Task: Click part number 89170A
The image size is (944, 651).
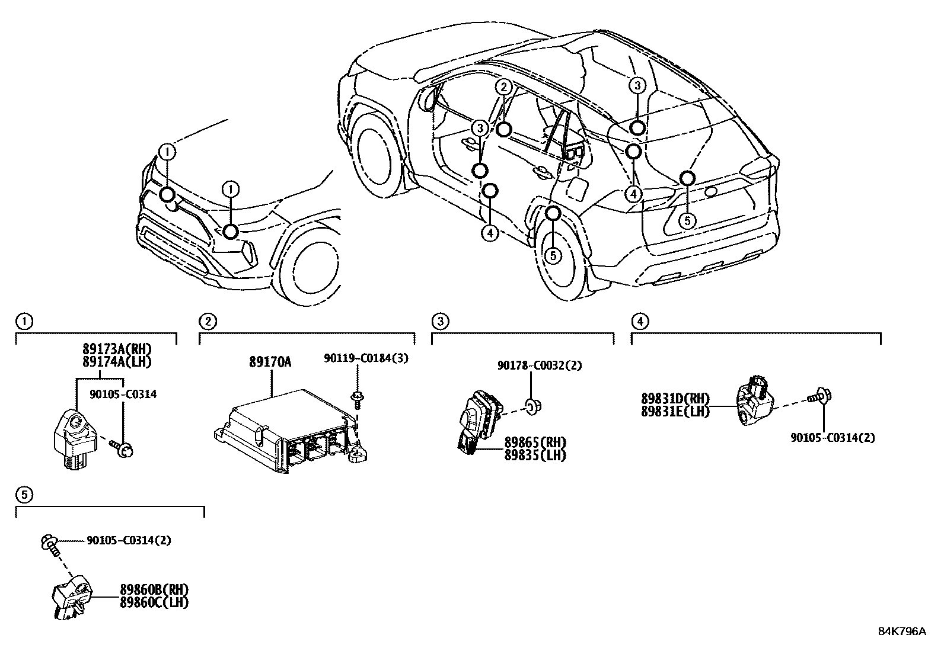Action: (x=270, y=361)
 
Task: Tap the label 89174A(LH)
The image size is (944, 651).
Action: (x=117, y=362)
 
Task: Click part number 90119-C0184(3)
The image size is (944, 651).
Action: (x=366, y=358)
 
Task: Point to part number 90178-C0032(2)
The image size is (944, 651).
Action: (x=539, y=365)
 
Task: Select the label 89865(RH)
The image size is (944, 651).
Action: (x=535, y=442)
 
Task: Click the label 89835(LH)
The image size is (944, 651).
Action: (x=535, y=455)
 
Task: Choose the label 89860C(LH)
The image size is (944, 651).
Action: (x=154, y=602)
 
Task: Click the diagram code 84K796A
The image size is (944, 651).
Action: (x=901, y=631)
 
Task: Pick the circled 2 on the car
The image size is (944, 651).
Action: (x=503, y=87)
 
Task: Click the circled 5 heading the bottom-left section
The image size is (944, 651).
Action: (x=23, y=494)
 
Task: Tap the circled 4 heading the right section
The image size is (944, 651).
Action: (x=639, y=321)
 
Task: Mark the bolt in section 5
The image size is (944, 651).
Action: (x=50, y=543)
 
